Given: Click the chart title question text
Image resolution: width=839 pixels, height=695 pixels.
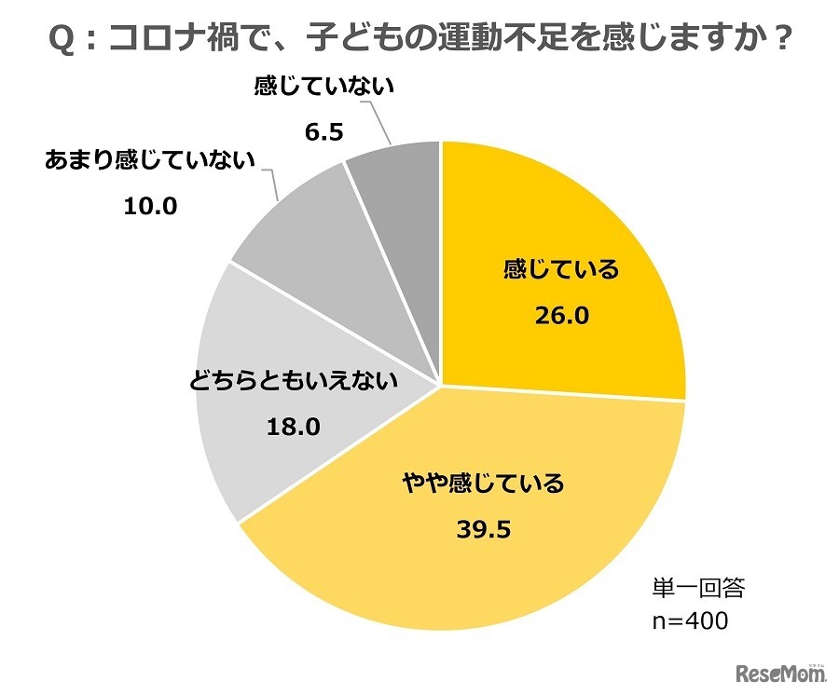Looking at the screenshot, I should (x=419, y=39).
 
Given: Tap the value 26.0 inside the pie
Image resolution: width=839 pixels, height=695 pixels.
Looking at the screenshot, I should (x=561, y=316).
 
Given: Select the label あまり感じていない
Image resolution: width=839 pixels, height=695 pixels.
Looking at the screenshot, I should (x=150, y=160).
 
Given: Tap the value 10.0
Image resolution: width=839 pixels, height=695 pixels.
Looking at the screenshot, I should (x=150, y=206).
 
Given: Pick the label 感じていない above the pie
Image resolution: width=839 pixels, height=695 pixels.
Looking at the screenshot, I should (x=324, y=87).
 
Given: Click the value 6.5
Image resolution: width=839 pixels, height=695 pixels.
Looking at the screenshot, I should (x=324, y=132).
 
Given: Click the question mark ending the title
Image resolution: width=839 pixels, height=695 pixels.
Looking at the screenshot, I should (x=782, y=40).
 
